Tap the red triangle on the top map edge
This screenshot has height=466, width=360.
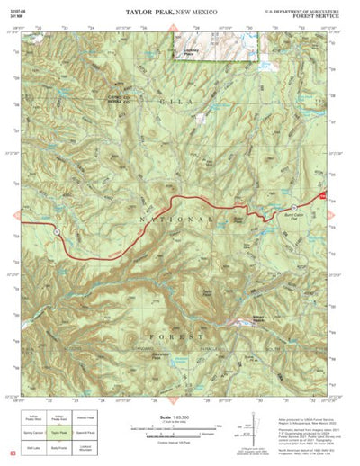173,30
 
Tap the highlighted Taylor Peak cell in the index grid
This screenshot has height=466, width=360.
59,433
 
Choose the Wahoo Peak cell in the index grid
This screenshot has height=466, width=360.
86,418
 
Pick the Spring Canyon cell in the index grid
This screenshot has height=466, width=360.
33,433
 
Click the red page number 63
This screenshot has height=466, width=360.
13,455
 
